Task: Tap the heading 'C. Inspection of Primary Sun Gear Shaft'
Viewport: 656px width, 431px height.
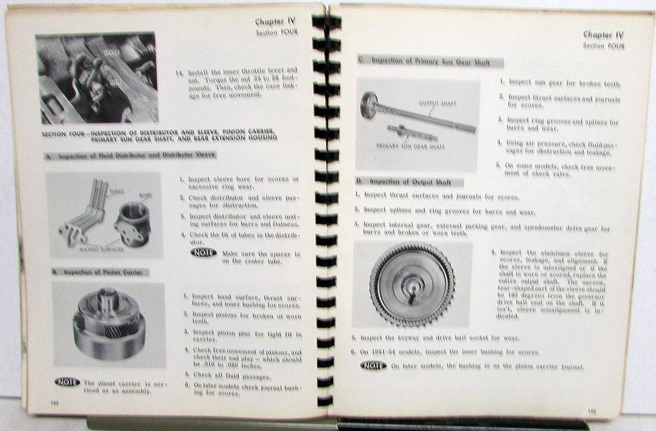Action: point(430,61)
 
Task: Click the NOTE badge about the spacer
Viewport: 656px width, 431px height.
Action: point(204,253)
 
